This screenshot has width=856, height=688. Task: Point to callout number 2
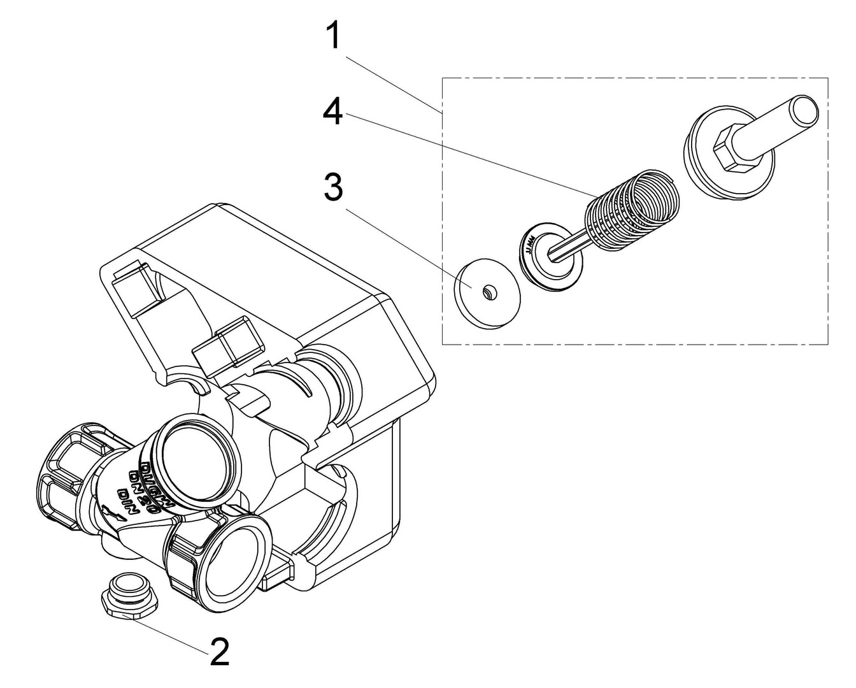pos(219,652)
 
